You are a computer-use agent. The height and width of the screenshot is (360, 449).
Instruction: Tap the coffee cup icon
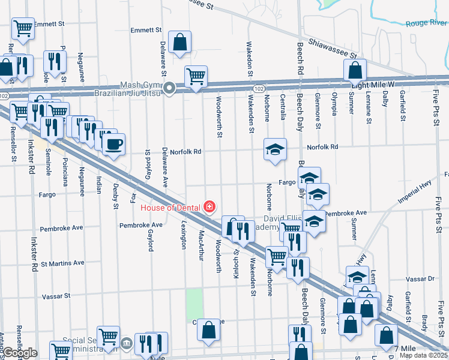pos(113,144)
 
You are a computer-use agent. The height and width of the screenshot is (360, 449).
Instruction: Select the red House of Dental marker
pos(209,208)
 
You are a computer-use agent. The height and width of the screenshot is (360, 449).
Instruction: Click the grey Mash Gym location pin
pos(170,89)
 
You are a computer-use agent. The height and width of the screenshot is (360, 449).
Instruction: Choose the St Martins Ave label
pos(62,263)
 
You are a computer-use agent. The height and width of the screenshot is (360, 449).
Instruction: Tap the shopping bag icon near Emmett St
pos(179,42)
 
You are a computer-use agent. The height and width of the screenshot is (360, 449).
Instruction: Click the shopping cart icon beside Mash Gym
pos(196,76)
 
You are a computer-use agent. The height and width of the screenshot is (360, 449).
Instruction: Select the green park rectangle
pos(194,304)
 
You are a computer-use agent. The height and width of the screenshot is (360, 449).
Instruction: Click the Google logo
pos(20,353)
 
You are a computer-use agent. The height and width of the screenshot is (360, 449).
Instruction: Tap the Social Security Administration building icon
pos(126,343)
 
